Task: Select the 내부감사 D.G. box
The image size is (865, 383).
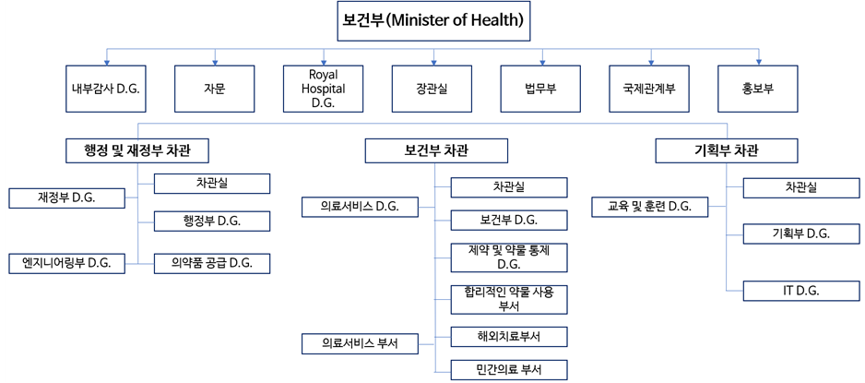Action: pyautogui.click(x=106, y=89)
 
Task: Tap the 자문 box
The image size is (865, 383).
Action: pyautogui.click(x=215, y=89)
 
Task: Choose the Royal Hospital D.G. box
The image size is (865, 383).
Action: pyautogui.click(x=324, y=89)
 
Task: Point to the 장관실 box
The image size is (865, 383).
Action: pyautogui.click(x=432, y=89)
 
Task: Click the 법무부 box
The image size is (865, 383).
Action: pyautogui.click(x=540, y=89)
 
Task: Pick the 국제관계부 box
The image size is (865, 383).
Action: pyautogui.click(x=649, y=89)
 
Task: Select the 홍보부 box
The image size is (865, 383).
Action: pyautogui.click(x=758, y=89)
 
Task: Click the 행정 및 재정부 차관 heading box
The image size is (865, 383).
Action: pyautogui.click(x=137, y=151)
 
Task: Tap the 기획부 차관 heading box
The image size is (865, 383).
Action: pyautogui.click(x=727, y=151)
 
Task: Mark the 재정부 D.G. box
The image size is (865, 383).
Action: pyautogui.click(x=67, y=198)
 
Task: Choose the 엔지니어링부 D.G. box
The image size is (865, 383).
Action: pyautogui.click(x=67, y=263)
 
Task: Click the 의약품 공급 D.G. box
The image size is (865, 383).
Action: pyautogui.click(x=212, y=263)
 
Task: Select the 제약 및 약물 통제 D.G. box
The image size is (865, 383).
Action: pyautogui.click(x=509, y=257)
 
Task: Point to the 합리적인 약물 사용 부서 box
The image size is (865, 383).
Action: pyautogui.click(x=509, y=299)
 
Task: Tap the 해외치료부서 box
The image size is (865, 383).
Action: pyautogui.click(x=509, y=337)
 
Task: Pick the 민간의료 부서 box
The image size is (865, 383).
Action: pyautogui.click(x=509, y=370)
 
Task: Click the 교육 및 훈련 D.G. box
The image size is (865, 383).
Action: pyautogui.click(x=650, y=207)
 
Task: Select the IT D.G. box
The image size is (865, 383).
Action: pyautogui.click(x=801, y=291)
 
